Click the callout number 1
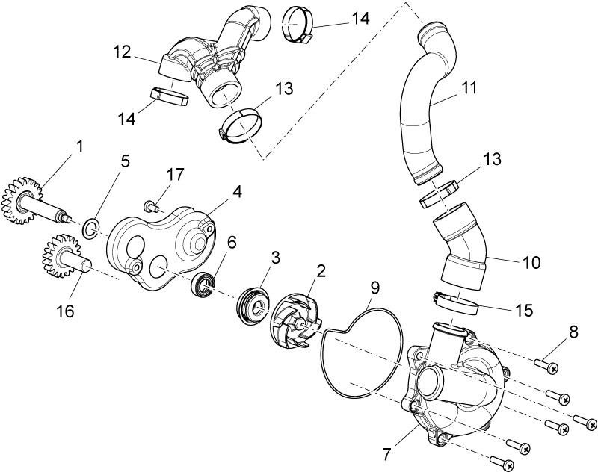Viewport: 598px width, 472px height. click(79, 146)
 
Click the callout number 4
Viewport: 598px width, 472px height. click(236, 192)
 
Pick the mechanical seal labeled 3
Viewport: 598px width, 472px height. click(254, 307)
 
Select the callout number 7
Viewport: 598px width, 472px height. click(386, 453)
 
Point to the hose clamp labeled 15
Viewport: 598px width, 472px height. click(457, 304)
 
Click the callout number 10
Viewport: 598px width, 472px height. click(531, 262)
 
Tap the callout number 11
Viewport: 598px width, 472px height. click(469, 88)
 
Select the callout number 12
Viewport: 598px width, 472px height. click(122, 52)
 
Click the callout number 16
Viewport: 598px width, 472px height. click(64, 311)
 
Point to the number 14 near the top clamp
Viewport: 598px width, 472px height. click(360, 18)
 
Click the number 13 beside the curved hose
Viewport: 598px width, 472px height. click(492, 158)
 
